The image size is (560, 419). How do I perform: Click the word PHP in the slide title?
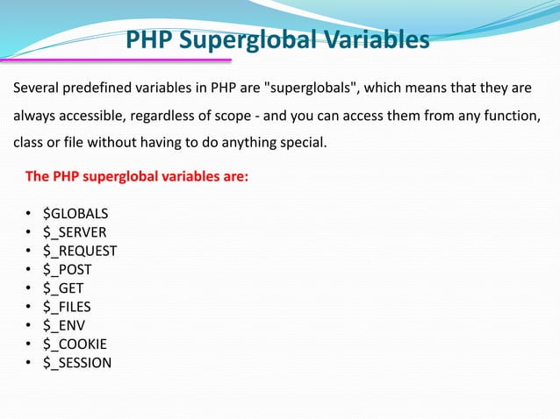click(148, 40)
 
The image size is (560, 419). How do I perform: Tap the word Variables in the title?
click(375, 40)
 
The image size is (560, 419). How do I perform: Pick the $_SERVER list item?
click(75, 231)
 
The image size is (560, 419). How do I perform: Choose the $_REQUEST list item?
click(80, 251)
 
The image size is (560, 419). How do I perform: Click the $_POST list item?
click(67, 269)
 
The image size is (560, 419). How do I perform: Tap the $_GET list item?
click(64, 288)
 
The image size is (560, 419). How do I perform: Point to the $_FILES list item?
click(67, 307)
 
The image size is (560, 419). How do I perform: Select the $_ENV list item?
click(63, 325)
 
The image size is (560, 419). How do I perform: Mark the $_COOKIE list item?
click(75, 344)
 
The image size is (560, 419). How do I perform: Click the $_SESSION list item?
click(77, 362)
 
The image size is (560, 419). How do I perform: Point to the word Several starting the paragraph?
click(37, 89)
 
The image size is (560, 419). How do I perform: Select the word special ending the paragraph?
click(301, 141)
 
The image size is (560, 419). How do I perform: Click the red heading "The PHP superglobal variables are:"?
click(137, 176)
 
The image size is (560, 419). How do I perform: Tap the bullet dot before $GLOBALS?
click(30, 214)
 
